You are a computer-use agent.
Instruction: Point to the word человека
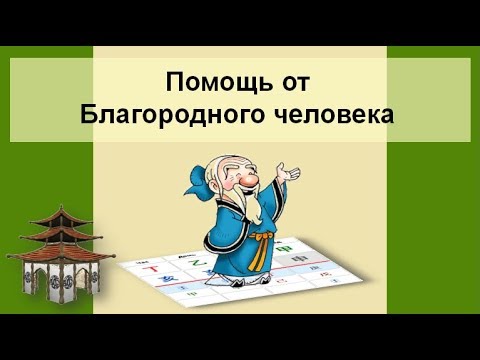coord(332,112)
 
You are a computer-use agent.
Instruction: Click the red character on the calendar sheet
coord(153,269)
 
